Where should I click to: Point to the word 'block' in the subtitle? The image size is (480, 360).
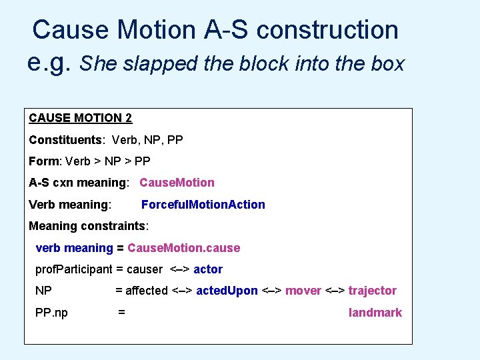click(258, 64)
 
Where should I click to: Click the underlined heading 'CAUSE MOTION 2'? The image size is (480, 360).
click(80, 119)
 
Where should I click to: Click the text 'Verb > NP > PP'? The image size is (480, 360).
click(108, 161)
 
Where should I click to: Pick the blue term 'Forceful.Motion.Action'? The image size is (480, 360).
click(203, 205)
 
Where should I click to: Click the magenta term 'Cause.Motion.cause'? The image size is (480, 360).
click(183, 248)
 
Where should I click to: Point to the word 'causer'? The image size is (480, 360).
click(144, 269)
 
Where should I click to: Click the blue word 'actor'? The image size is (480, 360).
click(208, 269)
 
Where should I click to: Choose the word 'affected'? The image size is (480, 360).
click(147, 291)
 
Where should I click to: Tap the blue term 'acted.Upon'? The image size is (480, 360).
click(227, 291)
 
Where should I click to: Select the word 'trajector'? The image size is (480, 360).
click(372, 291)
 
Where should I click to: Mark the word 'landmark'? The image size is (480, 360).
click(375, 313)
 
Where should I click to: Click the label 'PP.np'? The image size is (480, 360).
click(51, 313)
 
